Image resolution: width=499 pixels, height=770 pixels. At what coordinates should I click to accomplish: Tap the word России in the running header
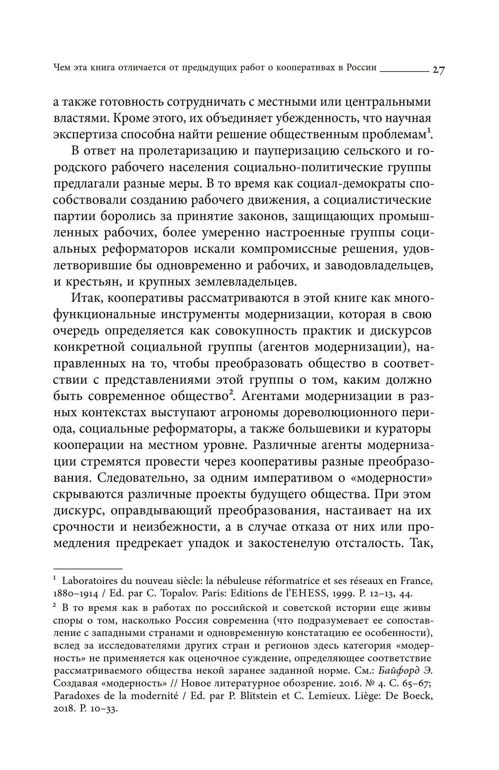click(361, 67)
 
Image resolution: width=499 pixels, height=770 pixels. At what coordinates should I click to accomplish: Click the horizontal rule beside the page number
click(404, 71)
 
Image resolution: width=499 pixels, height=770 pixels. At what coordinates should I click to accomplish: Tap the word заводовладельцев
click(379, 265)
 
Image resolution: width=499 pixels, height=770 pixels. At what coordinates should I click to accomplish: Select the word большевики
click(324, 429)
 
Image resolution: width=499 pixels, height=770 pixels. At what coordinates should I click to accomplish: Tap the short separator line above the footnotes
click(87, 568)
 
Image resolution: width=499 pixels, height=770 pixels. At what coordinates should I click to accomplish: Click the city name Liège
click(367, 695)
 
